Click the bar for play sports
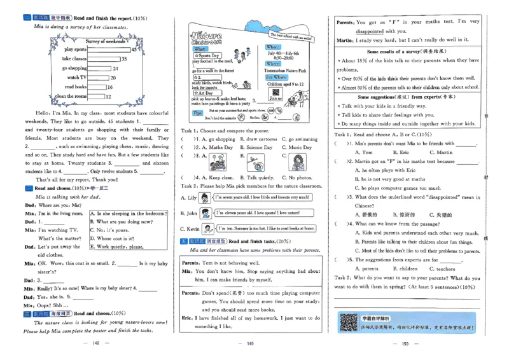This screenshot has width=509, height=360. (109, 49)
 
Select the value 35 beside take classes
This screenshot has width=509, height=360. (123, 59)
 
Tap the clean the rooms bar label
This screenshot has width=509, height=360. (71, 97)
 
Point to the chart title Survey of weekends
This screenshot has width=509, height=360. (106, 41)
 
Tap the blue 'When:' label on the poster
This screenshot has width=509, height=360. (272, 47)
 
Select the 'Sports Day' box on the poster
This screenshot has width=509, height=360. (207, 55)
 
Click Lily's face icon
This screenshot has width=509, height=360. (206, 198)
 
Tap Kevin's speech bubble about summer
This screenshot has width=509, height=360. (265, 228)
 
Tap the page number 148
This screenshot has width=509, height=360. (97, 343)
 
